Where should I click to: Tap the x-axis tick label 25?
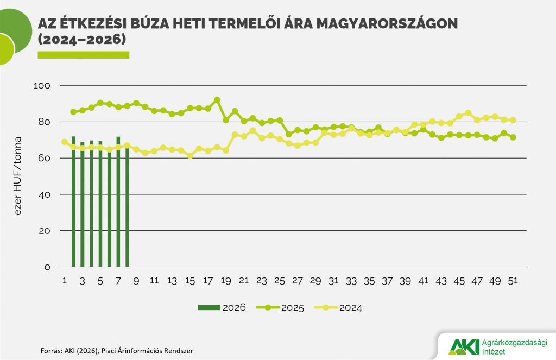pos(280,281)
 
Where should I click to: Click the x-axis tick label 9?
pos(136,281)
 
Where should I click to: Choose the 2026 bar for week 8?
pos(127,206)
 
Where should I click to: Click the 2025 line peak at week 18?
pos(217,100)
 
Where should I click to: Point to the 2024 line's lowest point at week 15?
pos(190,155)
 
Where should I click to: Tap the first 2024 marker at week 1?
pos(65,142)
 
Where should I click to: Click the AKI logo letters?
pos(464,346)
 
